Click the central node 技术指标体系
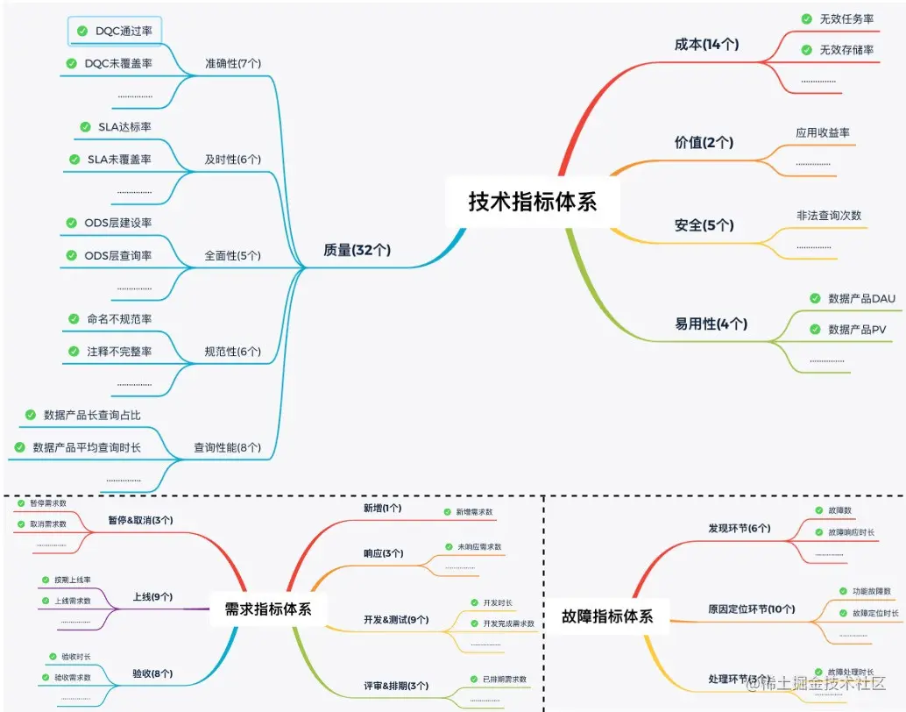(533, 202)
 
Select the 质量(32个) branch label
(357, 250)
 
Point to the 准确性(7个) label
(232, 63)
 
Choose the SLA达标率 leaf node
(124, 126)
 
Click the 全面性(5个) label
(232, 255)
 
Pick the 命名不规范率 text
(119, 319)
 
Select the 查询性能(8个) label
(227, 447)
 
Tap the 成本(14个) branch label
(706, 44)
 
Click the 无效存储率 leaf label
(846, 50)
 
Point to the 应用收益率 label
(823, 132)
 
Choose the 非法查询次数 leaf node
(829, 215)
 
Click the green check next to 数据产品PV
(815, 330)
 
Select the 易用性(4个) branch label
(711, 324)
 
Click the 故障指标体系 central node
(607, 616)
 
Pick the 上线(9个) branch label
(152, 597)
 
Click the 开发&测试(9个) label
(396, 620)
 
